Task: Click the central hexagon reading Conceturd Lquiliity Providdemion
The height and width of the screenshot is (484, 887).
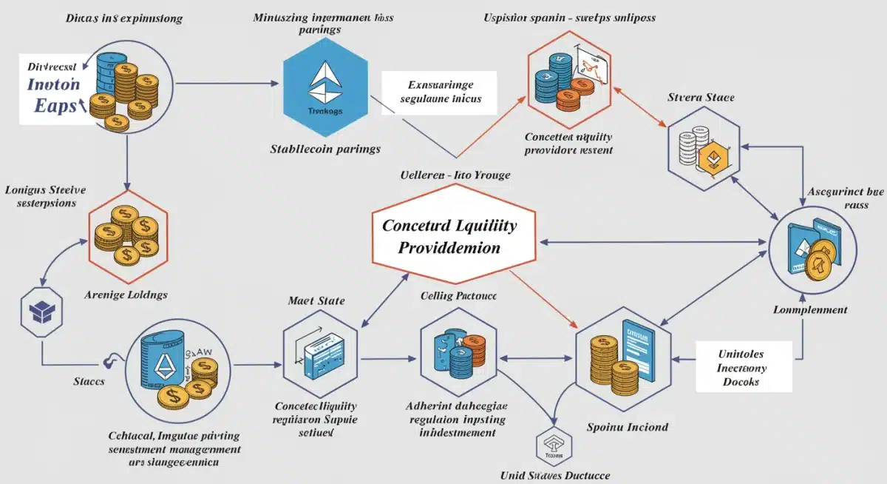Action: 449,236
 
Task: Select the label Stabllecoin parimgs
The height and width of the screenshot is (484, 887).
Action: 325,149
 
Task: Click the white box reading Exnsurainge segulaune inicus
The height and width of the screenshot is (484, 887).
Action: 439,92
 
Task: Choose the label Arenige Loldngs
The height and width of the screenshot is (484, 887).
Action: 126,295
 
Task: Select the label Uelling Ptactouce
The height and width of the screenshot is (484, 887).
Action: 458,296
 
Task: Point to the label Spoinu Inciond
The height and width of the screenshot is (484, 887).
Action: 628,426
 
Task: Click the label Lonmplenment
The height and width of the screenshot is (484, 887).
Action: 810,310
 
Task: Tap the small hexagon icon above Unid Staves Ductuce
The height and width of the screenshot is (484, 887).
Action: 553,446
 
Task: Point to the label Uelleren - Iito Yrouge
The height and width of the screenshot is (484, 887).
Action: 449,175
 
